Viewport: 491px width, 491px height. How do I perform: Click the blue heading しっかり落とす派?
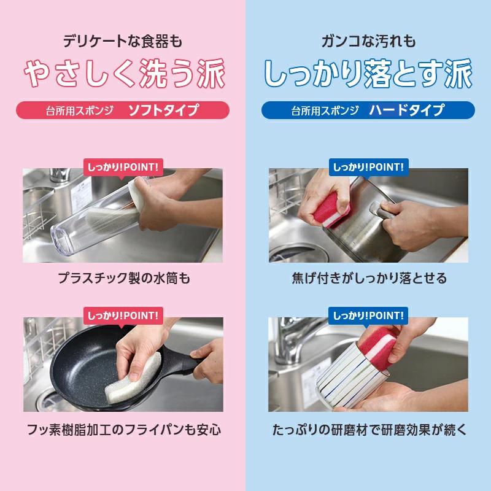[x=368, y=74]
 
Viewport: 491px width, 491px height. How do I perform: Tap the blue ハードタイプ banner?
[x=368, y=110]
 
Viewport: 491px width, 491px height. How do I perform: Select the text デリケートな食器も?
[x=123, y=42]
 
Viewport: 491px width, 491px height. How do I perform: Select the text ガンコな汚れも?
[x=368, y=42]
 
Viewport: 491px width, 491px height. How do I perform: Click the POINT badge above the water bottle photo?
[x=123, y=166]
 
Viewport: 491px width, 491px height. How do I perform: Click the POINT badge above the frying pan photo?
[x=123, y=315]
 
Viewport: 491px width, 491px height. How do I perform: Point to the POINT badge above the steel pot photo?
[x=368, y=166]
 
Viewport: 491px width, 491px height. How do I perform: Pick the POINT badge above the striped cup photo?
[x=368, y=315]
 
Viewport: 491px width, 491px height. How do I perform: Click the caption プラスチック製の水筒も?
[x=123, y=278]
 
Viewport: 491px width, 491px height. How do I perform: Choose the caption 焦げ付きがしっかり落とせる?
[x=368, y=278]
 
